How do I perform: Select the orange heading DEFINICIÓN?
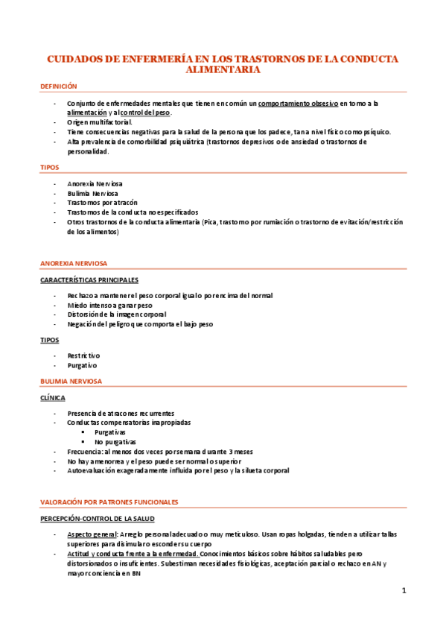coord(59,86)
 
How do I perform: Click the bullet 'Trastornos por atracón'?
coord(98,203)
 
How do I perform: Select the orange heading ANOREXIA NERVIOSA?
coord(74,263)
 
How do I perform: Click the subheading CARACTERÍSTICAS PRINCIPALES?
coord(89,279)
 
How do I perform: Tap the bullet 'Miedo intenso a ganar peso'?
coord(109,306)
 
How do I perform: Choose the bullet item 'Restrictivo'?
coord(83,356)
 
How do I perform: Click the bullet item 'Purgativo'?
coord(82,366)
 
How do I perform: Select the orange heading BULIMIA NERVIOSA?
coord(71,382)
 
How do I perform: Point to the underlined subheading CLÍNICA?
coord(53,398)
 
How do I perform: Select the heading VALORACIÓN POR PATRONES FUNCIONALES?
coord(109,502)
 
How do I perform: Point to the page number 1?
coord(404,591)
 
